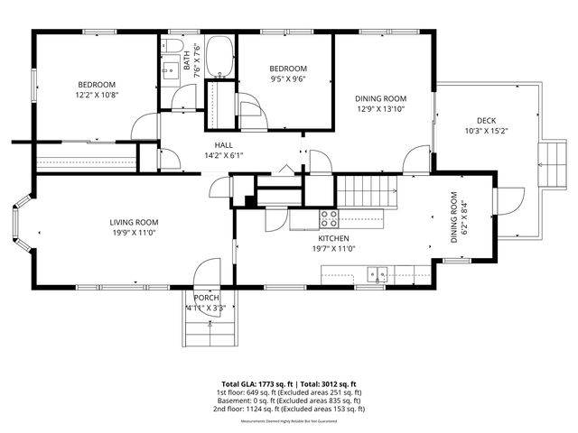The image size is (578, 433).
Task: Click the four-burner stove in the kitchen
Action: (x=330, y=217)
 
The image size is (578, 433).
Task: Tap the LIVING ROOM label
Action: (x=134, y=223)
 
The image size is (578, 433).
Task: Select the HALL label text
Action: (x=224, y=145)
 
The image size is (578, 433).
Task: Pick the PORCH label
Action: (x=206, y=298)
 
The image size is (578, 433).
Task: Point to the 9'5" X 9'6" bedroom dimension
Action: (x=289, y=78)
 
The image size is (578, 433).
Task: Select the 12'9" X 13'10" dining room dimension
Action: (x=380, y=110)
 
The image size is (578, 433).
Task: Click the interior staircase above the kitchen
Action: (x=368, y=191)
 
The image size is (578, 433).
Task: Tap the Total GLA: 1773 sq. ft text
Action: (x=256, y=384)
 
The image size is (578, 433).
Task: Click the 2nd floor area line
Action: (x=289, y=409)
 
